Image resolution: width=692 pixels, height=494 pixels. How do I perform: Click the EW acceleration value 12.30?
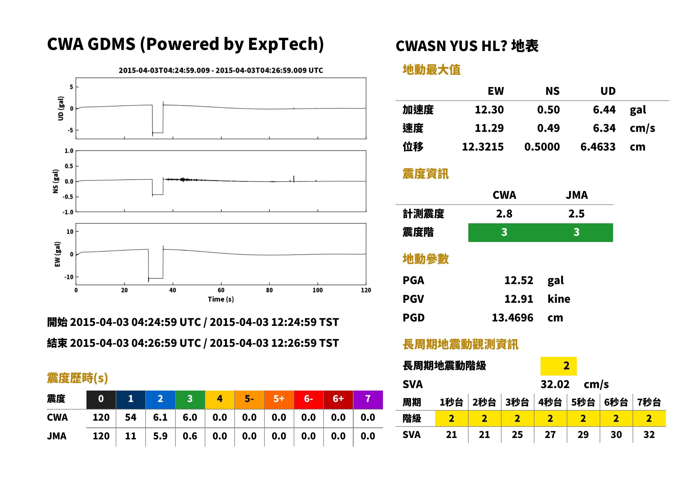click(489, 110)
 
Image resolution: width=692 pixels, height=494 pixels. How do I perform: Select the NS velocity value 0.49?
click(548, 128)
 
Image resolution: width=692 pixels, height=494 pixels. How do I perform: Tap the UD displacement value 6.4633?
click(598, 147)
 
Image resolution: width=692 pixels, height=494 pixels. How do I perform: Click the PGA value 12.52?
click(519, 280)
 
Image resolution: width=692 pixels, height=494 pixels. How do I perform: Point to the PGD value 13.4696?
click(512, 318)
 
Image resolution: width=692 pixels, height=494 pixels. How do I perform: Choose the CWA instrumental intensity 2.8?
click(504, 214)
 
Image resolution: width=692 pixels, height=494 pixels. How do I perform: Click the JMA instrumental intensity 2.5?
click(576, 214)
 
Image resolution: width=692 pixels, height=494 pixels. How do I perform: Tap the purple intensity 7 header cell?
click(368, 399)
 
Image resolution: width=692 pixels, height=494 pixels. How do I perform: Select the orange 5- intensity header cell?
click(249, 399)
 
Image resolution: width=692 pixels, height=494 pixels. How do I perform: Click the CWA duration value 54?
click(131, 417)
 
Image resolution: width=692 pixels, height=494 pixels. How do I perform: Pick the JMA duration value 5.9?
click(160, 436)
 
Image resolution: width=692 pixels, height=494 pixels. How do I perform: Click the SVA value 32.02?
click(555, 384)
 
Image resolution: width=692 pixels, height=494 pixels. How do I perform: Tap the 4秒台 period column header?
click(550, 402)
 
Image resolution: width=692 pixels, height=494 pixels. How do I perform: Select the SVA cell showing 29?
click(583, 434)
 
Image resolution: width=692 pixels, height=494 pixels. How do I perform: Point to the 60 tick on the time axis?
click(221, 290)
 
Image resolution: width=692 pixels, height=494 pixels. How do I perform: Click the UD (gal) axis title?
click(61, 108)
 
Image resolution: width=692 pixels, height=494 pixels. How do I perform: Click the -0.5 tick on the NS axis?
click(68, 197)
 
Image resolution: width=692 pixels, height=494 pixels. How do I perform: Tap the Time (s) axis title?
click(221, 299)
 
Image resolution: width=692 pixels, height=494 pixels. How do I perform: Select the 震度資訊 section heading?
click(425, 174)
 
